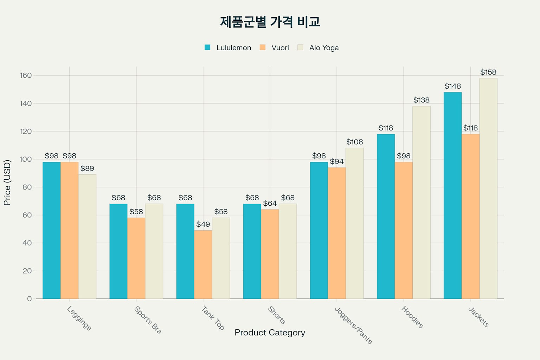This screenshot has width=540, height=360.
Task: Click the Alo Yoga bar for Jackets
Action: (488, 188)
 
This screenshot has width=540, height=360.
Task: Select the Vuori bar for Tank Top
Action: (203, 264)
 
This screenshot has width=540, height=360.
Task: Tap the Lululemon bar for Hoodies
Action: (386, 216)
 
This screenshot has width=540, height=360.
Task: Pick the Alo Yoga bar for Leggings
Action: (87, 237)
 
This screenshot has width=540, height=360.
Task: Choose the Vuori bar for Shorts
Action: (270, 254)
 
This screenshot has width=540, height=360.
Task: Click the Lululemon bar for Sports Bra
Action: (118, 251)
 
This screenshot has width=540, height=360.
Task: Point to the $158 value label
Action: (488, 72)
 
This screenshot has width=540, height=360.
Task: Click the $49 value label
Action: (203, 224)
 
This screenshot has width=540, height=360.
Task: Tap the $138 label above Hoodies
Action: (421, 100)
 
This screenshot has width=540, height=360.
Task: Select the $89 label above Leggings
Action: (87, 169)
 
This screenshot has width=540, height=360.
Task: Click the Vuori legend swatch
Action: (262, 47)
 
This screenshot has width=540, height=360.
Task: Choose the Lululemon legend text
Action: (233, 48)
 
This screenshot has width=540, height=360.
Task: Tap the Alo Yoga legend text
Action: (324, 48)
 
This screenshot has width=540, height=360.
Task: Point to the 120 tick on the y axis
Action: (26, 131)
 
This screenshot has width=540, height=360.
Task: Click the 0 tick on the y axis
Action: (29, 299)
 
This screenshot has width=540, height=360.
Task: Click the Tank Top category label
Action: (213, 318)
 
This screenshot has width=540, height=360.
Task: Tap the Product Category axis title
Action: (270, 333)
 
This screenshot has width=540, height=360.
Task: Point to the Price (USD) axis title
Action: (7, 182)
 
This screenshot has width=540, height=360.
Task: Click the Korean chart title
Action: (270, 22)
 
